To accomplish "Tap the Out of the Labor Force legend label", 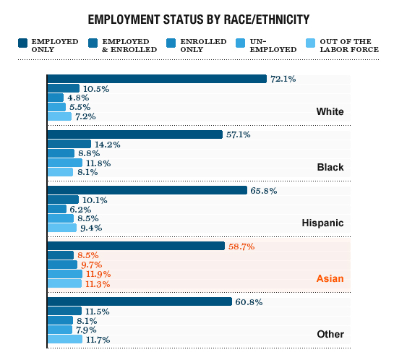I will click(354, 45).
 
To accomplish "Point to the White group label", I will click(330, 111).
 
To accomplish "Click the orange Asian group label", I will click(330, 278).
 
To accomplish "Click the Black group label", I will click(330, 167).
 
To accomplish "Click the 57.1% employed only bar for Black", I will click(134, 134).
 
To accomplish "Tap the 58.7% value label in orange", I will click(241, 247).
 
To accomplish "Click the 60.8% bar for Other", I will click(140, 301).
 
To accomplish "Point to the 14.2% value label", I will click(107, 144).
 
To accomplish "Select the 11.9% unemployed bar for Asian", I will click(65, 274).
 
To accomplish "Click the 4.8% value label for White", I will click(78, 98).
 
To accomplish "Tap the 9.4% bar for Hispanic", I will click(61, 228).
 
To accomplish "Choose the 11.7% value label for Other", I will click(98, 339).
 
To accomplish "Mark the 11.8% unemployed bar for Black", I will click(65, 163).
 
